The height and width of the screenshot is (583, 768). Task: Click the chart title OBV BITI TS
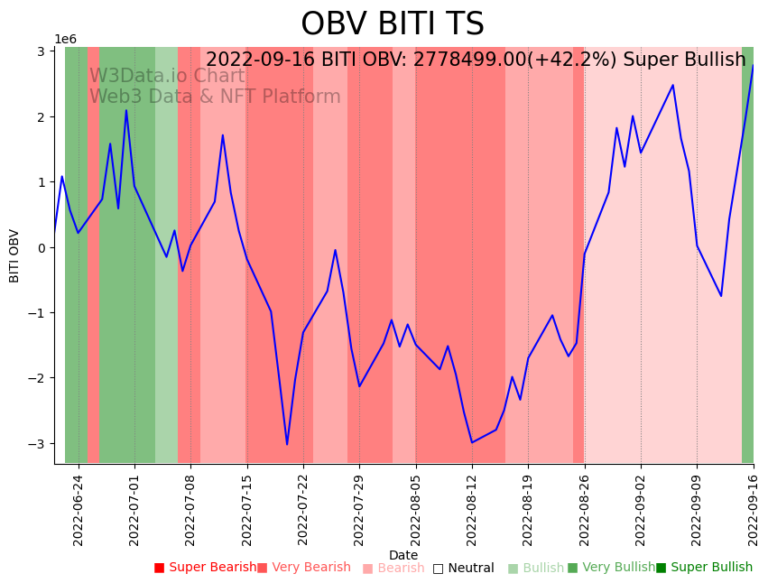pyautogui.click(x=392, y=24)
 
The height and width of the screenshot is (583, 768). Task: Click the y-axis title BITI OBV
pyautogui.click(x=14, y=255)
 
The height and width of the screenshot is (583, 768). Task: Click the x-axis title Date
pyautogui.click(x=403, y=555)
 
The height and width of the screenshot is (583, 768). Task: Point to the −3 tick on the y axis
pyautogui.click(x=42, y=444)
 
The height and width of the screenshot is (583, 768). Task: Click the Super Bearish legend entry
pyautogui.click(x=206, y=568)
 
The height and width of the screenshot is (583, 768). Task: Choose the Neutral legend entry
pyautogui.click(x=464, y=569)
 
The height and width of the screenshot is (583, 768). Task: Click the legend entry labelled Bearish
pyautogui.click(x=393, y=569)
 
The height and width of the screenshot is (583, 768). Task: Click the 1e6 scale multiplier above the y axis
pyautogui.click(x=66, y=39)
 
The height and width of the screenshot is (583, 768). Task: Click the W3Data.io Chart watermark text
pyautogui.click(x=167, y=77)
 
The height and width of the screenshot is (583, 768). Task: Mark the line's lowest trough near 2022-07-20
pyautogui.click(x=287, y=444)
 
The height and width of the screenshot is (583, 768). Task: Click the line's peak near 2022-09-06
pyautogui.click(x=672, y=86)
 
